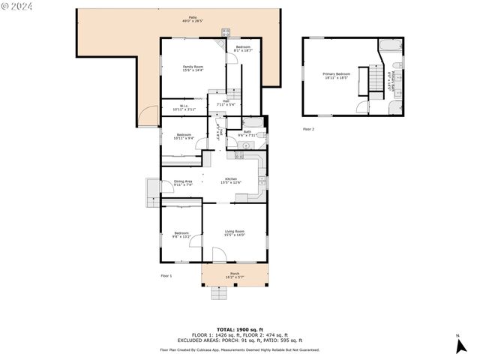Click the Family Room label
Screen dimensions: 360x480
(x=193, y=68)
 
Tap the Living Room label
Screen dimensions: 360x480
(x=234, y=233)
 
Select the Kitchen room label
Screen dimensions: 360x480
(x=231, y=180)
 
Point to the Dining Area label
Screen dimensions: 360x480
(x=183, y=182)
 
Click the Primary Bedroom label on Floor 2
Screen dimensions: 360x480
(x=337, y=75)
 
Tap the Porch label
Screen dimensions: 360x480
(x=234, y=275)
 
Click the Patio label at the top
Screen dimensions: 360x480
(x=193, y=19)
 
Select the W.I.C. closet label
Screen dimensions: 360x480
(x=178, y=108)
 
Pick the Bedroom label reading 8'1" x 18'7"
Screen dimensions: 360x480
(x=243, y=49)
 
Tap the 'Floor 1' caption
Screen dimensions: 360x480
(x=166, y=276)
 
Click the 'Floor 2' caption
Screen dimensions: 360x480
(x=308, y=129)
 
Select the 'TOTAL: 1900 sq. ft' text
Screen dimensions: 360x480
(x=240, y=329)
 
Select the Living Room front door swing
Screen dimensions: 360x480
(x=218, y=255)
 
